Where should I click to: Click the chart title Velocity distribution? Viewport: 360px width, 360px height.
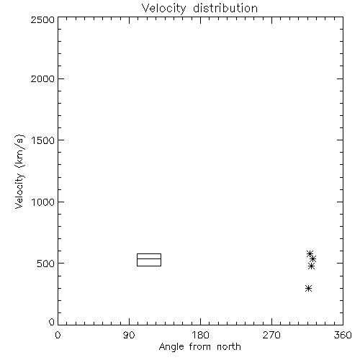pos(199,8)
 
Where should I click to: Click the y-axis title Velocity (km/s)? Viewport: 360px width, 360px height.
pos(19,171)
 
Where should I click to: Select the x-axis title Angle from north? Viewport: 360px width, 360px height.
pos(199,347)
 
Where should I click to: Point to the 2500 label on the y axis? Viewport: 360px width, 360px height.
pos(42,19)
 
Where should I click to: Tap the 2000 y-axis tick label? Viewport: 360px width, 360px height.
pos(42,78)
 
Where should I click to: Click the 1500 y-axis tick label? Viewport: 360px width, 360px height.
pos(43,140)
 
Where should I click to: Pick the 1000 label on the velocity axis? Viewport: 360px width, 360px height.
pos(43,202)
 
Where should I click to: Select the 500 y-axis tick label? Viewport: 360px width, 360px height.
pos(46,264)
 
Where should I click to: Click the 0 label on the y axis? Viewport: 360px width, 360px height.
pos(52,322)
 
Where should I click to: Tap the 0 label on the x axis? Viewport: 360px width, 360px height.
pos(58,335)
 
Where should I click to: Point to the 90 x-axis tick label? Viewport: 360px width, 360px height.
pos(129,335)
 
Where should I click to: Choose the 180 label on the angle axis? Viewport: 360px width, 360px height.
pos(200,335)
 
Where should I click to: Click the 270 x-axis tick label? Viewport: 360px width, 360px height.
pos(271,335)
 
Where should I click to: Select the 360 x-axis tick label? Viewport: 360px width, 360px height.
pos(343,335)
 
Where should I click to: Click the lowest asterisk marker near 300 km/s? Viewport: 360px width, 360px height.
pos(309,288)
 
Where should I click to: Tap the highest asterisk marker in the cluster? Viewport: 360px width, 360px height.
pos(310,253)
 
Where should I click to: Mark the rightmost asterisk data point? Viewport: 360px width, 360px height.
pos(312,259)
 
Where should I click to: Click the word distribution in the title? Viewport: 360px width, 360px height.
pos(225,8)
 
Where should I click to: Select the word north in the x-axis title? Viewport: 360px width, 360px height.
pos(229,347)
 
